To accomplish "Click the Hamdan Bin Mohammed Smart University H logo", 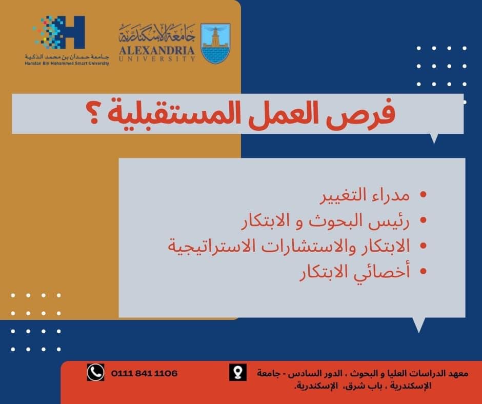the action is coord(59,32).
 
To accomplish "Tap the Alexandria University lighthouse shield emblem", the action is coord(215,44).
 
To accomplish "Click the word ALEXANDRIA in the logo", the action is coord(157,50).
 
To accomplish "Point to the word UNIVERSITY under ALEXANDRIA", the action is coord(157,59).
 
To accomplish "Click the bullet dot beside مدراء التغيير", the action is coord(423,194).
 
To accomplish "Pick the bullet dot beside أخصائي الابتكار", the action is coord(423,271).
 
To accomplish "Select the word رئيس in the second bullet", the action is coord(390,221).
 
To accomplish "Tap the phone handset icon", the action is coord(95,372).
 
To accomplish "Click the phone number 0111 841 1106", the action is coord(144,373).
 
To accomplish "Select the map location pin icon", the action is coord(237,372).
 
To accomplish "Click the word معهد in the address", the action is coord(458,374).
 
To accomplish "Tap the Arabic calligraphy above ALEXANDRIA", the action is coord(157,33).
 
